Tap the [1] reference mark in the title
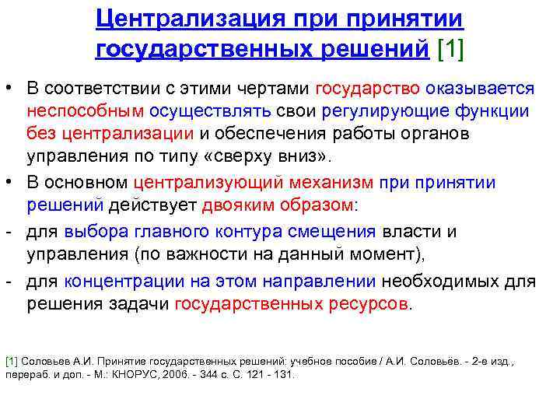(451, 49)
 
